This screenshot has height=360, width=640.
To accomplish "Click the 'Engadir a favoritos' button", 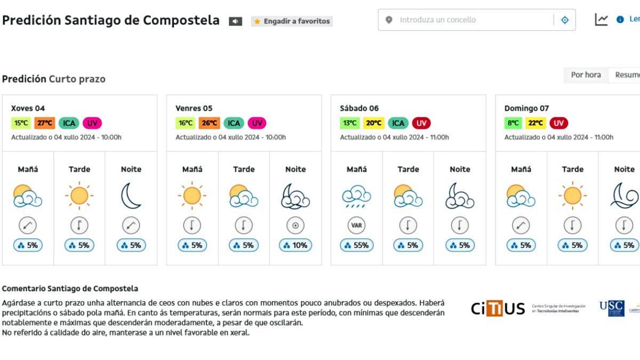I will pyautogui.click(x=292, y=21).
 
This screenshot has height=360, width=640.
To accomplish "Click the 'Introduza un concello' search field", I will pyautogui.click(x=469, y=20).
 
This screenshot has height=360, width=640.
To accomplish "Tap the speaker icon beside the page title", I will pyautogui.click(x=235, y=21).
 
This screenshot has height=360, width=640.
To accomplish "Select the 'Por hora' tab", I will pyautogui.click(x=586, y=75).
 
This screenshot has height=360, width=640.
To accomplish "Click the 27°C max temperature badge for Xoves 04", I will pyautogui.click(x=44, y=123).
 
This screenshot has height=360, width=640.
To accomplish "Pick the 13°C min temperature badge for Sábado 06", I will pyautogui.click(x=350, y=123).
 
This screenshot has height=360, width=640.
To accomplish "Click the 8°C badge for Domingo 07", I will pyautogui.click(x=513, y=123).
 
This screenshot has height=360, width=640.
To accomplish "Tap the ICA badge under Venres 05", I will pyautogui.click(x=234, y=123).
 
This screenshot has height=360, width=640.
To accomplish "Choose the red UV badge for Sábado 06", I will pyautogui.click(x=421, y=123).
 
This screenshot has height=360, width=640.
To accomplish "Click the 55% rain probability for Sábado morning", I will pyautogui.click(x=357, y=245).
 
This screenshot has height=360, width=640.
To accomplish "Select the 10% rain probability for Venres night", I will pyautogui.click(x=295, y=245).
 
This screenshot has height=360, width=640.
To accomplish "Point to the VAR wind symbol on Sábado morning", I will pyautogui.click(x=357, y=225).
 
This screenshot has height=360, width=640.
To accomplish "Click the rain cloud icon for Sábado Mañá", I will pyautogui.click(x=357, y=196).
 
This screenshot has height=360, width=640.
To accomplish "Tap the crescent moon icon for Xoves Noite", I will pyautogui.click(x=131, y=196).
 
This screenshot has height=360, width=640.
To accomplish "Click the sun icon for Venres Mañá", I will pyautogui.click(x=192, y=196).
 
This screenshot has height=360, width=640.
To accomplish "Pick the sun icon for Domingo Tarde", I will pyautogui.click(x=572, y=196).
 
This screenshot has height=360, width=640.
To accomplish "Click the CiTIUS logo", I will pyautogui.click(x=498, y=309).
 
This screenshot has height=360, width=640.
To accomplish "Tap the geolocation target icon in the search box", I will pyautogui.click(x=565, y=20).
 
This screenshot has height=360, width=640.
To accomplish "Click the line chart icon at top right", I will pyautogui.click(x=601, y=20).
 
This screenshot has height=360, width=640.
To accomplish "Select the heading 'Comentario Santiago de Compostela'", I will pyautogui.click(x=70, y=289).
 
